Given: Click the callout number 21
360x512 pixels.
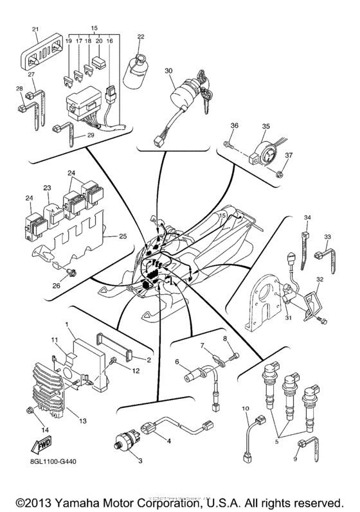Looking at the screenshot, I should click(x=36, y=30).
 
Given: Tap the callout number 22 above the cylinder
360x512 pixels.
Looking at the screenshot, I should click(x=140, y=36).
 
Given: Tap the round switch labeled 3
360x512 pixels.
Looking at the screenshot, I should click(x=120, y=441).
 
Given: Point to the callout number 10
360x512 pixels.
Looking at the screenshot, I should click(x=244, y=409).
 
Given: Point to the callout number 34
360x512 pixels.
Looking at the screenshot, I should click(x=307, y=218).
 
